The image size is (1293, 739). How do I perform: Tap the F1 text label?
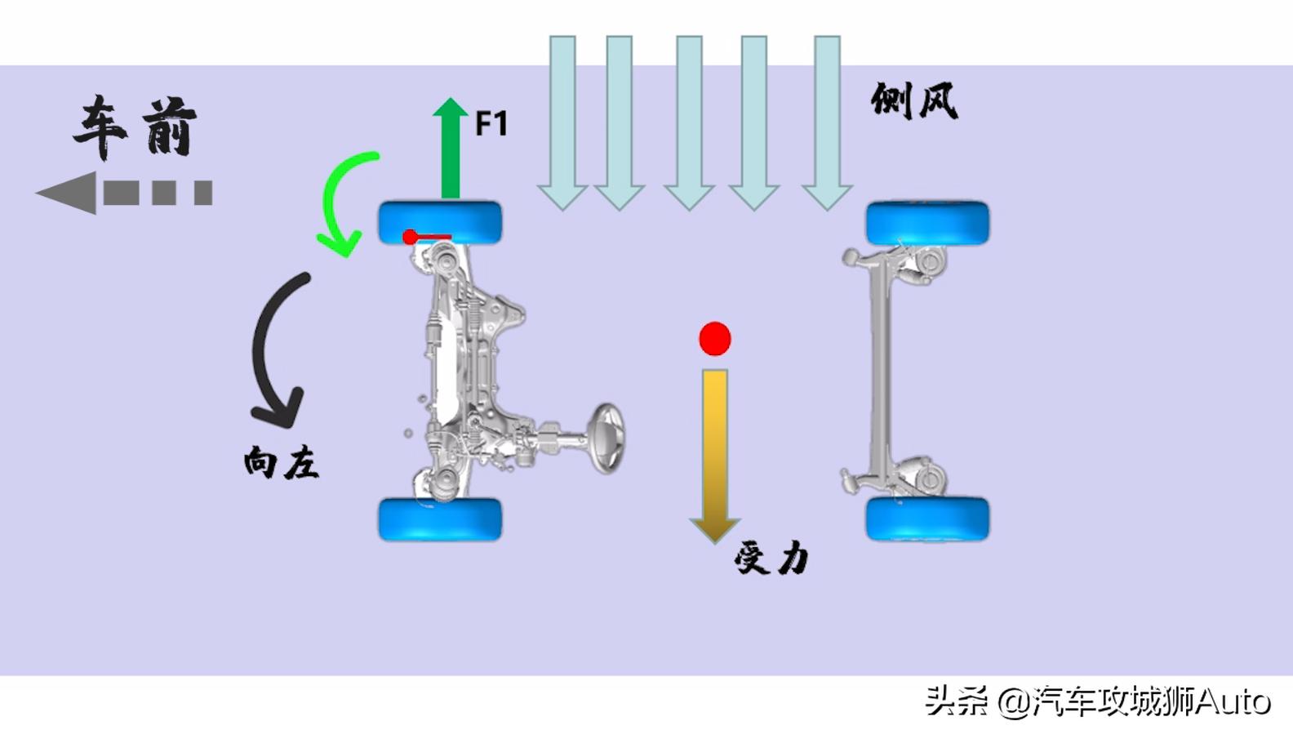[x=491, y=124]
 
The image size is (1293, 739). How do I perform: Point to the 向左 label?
[x=281, y=463]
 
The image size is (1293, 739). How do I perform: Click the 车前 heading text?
[x=136, y=127]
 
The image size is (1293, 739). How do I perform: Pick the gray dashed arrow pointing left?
[x=122, y=193]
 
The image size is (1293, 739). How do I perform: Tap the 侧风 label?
[x=914, y=101]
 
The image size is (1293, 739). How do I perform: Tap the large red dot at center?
[x=715, y=339]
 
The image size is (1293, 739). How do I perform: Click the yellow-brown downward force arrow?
[x=715, y=449]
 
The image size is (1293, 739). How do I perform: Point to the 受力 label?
[x=771, y=559]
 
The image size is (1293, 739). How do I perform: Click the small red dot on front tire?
[x=410, y=238]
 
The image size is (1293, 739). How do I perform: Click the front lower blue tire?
[x=440, y=519]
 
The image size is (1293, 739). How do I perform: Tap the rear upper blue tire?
[x=927, y=221]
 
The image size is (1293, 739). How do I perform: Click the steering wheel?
[x=607, y=438]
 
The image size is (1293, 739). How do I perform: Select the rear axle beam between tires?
[x=880, y=367]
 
